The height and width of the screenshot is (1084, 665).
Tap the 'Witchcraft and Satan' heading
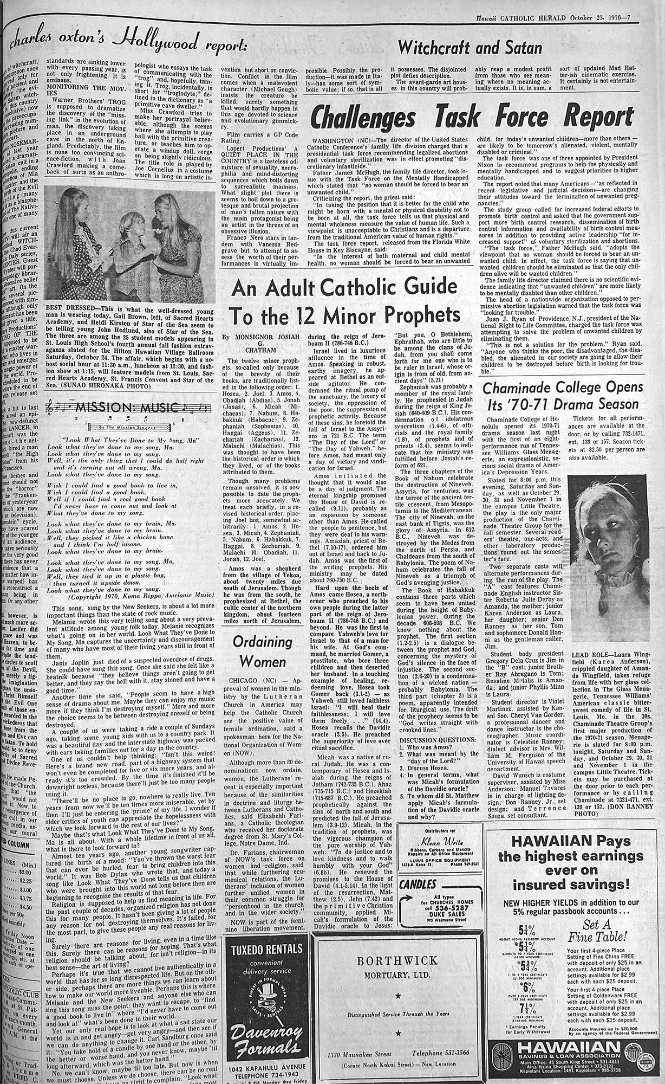[469, 49]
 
